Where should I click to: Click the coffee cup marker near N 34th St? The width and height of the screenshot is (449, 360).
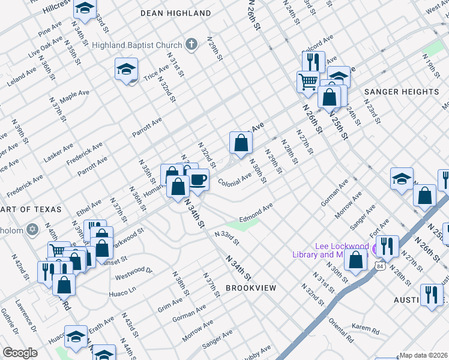(x=198, y=179)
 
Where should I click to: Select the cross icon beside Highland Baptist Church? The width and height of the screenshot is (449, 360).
(x=191, y=44)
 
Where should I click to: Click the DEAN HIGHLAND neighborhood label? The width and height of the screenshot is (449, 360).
(x=175, y=13)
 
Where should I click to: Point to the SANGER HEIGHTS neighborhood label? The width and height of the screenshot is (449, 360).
(x=402, y=92)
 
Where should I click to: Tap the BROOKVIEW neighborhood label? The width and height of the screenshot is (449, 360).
(x=251, y=288)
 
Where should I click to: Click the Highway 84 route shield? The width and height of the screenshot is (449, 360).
(x=380, y=265)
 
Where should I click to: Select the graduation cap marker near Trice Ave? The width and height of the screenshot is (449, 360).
(x=127, y=70)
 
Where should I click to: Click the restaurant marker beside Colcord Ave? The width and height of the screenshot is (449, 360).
(x=313, y=61)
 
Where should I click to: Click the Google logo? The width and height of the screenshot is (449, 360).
(x=20, y=352)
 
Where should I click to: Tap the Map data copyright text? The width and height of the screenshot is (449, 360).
(x=424, y=355)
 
